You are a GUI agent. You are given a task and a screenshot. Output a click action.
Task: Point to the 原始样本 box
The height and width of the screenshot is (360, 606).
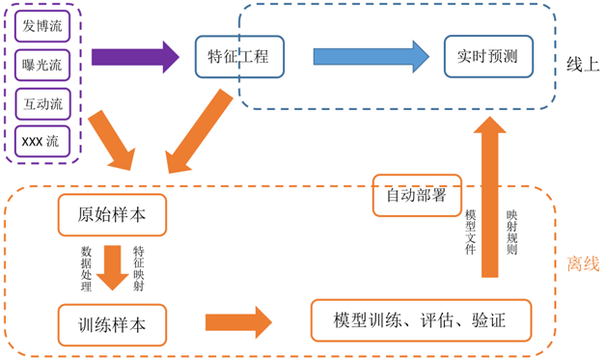coord(111,215)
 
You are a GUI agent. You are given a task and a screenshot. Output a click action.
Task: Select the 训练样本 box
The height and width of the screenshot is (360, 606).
coord(111,324)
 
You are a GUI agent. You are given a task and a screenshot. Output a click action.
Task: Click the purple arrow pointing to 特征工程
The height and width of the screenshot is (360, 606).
coord(135,57)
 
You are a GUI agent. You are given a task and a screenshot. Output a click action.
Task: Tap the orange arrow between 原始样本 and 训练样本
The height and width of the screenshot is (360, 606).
coord(112,267)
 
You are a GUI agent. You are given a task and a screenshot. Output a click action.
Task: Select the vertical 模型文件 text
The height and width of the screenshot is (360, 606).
coord(471,232)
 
